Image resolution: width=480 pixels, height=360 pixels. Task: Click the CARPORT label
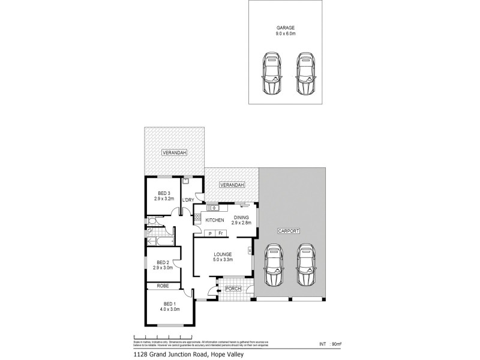coord(289,231)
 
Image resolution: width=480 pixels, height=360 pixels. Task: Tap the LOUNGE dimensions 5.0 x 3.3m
coord(223,260)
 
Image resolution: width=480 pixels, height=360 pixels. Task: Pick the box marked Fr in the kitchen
coord(220,233)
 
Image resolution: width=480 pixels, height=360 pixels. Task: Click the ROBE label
coord(163,287)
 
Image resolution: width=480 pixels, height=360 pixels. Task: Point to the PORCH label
coord(232,289)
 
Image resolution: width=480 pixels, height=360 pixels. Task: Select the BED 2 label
coord(163,262)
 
